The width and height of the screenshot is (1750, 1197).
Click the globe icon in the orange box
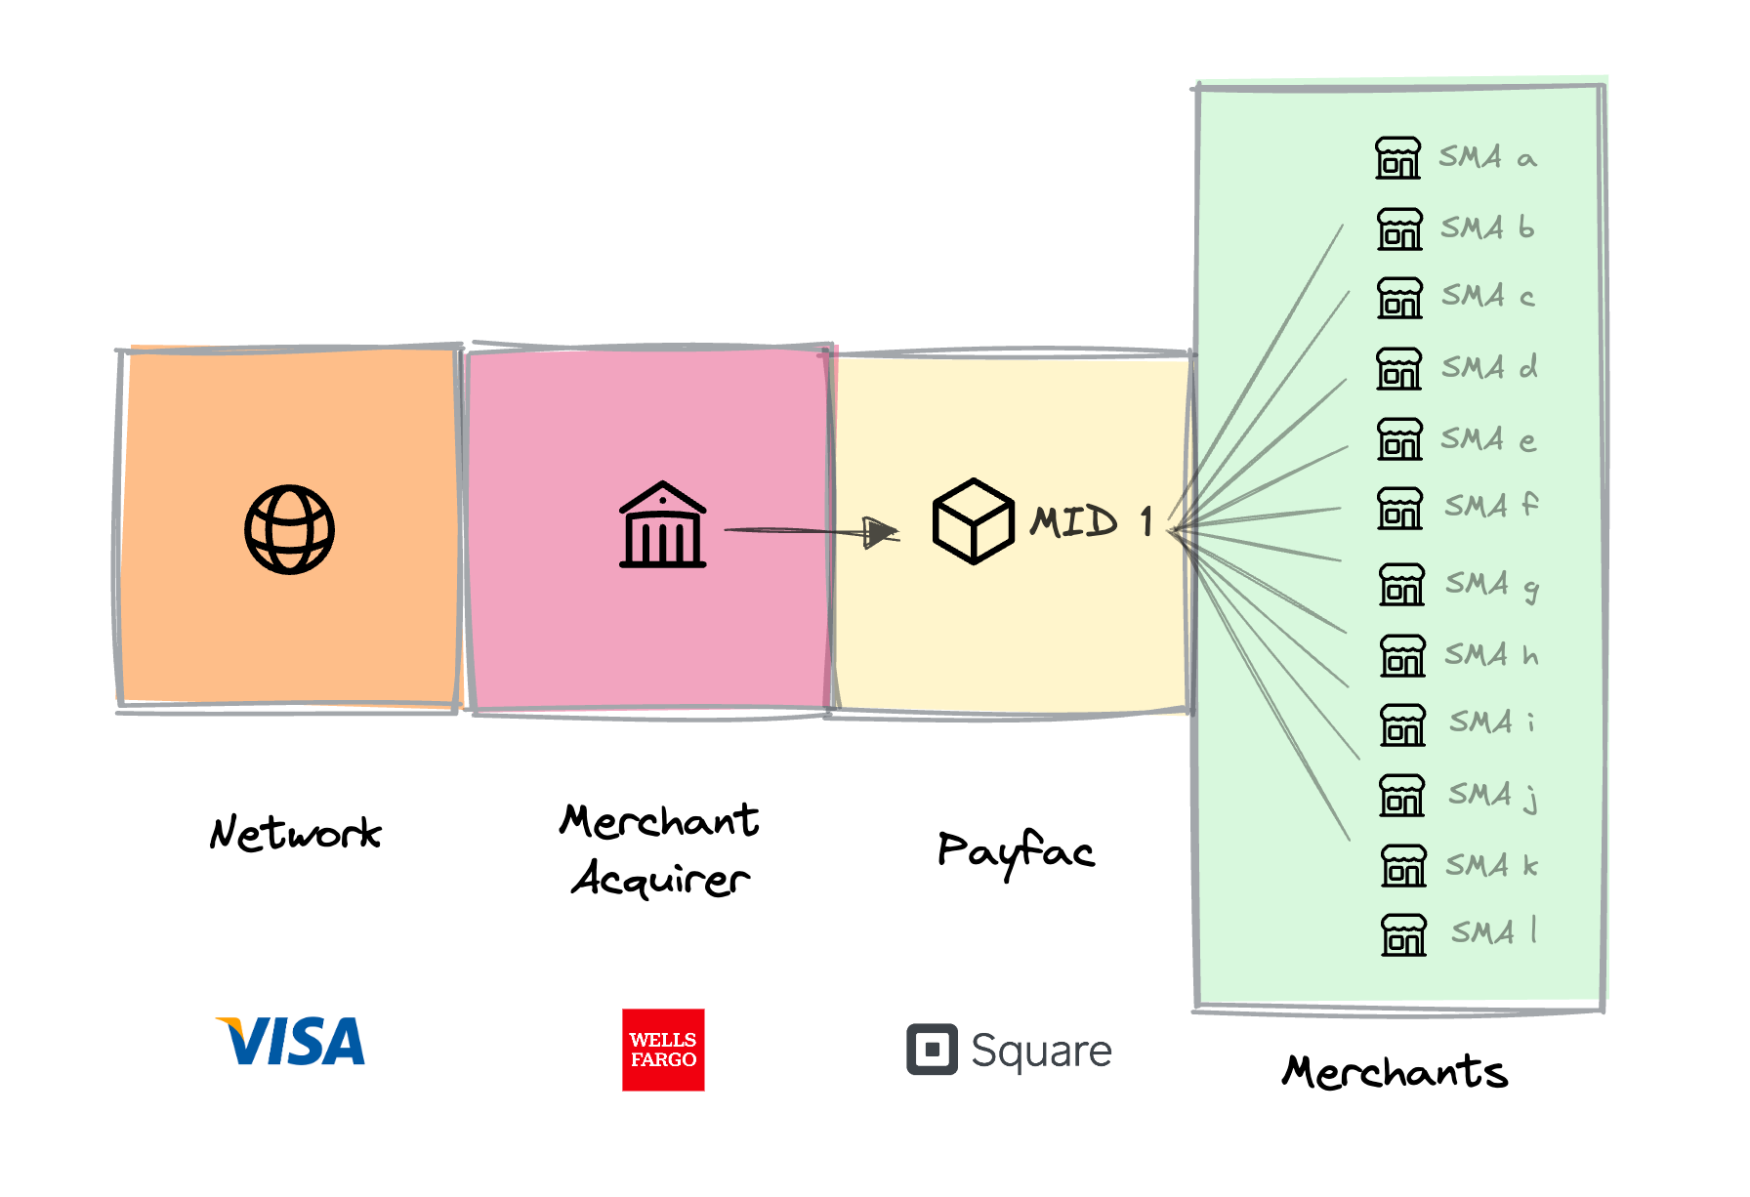(x=289, y=529)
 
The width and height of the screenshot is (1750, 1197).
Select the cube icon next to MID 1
(x=973, y=521)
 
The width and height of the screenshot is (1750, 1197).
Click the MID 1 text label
(x=1092, y=521)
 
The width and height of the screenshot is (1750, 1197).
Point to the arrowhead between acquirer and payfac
(x=882, y=532)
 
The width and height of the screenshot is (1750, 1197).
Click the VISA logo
(x=290, y=1041)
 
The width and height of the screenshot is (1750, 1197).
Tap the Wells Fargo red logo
(x=663, y=1050)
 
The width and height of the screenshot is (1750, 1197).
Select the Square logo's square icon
(x=932, y=1050)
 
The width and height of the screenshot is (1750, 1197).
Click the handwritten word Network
(x=295, y=833)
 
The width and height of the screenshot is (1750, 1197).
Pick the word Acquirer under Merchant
(x=661, y=878)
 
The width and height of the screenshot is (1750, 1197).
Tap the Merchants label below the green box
(x=1396, y=1071)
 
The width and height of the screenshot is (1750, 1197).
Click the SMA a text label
(x=1487, y=157)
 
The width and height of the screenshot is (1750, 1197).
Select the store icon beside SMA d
(x=1399, y=369)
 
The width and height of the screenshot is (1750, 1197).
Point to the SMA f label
(x=1491, y=506)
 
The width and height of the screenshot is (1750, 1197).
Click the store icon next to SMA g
(x=1401, y=584)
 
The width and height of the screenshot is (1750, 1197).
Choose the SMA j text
(x=1493, y=795)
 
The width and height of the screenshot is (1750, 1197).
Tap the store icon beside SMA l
(x=1404, y=934)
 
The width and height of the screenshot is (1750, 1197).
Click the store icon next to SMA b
(x=1399, y=228)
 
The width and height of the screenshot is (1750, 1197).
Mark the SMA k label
(x=1492, y=865)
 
